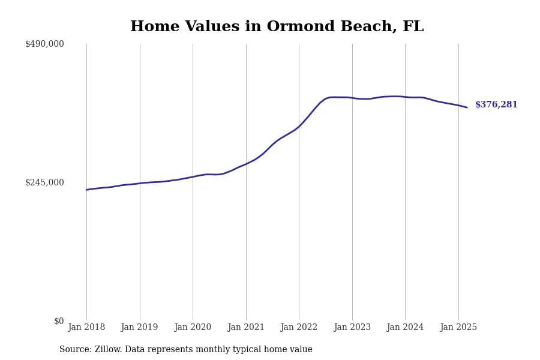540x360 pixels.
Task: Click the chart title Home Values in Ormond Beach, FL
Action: click(277, 27)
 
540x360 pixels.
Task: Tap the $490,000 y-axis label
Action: click(44, 44)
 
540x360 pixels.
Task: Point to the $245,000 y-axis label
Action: click(44, 182)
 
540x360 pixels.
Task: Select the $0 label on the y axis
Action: click(59, 321)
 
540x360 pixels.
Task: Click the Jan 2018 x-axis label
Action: click(86, 328)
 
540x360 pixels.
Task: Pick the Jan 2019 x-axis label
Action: click(139, 328)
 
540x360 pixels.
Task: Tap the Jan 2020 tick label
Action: click(193, 328)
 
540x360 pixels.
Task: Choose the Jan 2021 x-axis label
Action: click(246, 328)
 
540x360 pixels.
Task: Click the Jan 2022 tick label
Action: click(299, 328)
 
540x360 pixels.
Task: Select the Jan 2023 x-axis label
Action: click(352, 328)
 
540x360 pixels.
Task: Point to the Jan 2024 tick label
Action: click(405, 328)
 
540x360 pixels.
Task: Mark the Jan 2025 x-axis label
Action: click(458, 328)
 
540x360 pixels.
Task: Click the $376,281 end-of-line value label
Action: click(496, 105)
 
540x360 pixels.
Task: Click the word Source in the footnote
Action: click(75, 350)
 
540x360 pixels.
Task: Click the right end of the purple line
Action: click(467, 107)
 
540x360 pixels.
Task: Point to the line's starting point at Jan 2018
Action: click(86, 190)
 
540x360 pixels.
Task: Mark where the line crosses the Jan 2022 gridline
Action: click(299, 126)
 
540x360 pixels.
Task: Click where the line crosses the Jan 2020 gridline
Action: click(193, 176)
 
